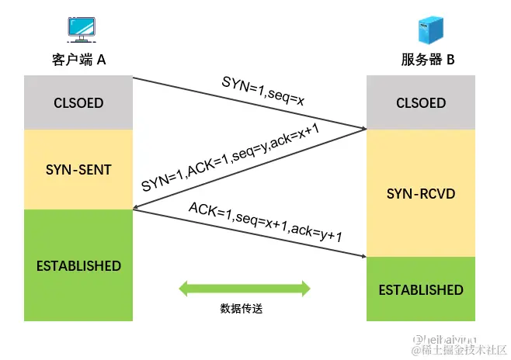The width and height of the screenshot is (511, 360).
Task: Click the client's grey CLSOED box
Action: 78,103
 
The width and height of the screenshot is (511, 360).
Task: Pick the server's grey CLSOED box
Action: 421,103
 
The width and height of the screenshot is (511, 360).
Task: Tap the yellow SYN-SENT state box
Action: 78,169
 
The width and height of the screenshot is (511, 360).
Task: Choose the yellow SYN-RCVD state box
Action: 421,193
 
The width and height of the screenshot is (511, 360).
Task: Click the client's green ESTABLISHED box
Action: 78,265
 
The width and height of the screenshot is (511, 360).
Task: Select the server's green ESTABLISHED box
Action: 421,289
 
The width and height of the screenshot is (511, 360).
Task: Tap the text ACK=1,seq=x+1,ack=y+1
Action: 266,223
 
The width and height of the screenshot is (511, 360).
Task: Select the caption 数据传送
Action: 242,309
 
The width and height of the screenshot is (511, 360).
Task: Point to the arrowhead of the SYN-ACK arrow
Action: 137,208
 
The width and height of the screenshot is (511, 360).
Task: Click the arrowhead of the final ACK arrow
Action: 363,256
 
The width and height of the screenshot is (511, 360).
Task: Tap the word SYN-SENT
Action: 78,169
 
